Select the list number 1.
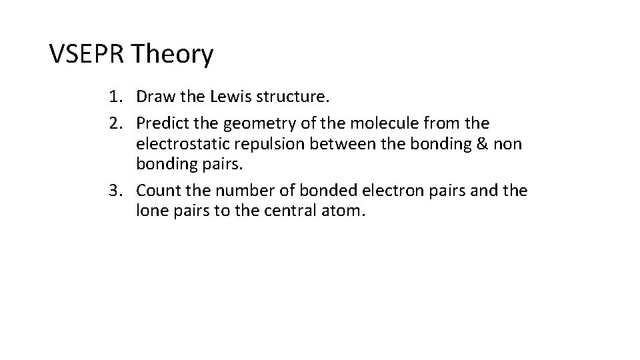pyautogui.click(x=115, y=97)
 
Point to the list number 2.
pyautogui.click(x=115, y=123)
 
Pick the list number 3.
pyautogui.click(x=115, y=191)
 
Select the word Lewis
pyautogui.click(x=228, y=97)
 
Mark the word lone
pyautogui.click(x=151, y=213)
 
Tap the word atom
pyautogui.click(x=345, y=213)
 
